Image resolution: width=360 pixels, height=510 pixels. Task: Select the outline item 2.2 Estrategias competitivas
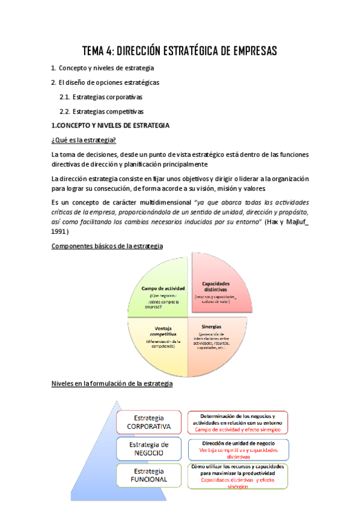tap(101, 111)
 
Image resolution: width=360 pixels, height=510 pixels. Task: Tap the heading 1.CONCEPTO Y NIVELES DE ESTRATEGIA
tap(111, 126)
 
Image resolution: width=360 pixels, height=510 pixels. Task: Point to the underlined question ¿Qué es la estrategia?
tap(84, 140)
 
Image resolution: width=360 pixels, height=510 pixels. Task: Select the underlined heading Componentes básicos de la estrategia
tap(108, 246)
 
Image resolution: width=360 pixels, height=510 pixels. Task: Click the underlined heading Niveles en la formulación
tap(112, 383)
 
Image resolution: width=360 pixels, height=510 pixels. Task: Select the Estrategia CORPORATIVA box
tap(149, 422)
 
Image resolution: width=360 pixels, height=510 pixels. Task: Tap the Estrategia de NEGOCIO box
tap(149, 448)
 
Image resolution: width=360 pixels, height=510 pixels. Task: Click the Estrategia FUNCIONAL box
tap(149, 475)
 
